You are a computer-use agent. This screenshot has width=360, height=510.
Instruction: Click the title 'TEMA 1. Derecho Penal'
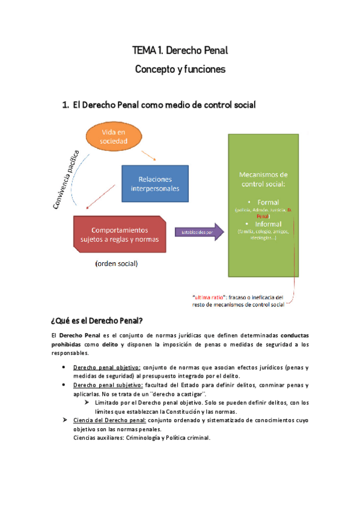pos(180,51)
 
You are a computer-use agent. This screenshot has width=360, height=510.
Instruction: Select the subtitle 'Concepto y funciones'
pos(180,69)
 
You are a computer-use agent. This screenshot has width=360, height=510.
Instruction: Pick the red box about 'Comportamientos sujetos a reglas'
pos(120,234)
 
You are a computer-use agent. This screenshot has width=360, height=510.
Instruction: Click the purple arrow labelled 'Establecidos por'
pos(194,232)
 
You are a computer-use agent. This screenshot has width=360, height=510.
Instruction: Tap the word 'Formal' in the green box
pos(267,203)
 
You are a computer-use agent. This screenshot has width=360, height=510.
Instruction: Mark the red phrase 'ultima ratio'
pos(207,296)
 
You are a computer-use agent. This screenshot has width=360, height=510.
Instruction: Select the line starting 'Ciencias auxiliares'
pos(141,438)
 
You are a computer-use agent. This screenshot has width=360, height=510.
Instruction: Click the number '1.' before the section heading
pos(66,105)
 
